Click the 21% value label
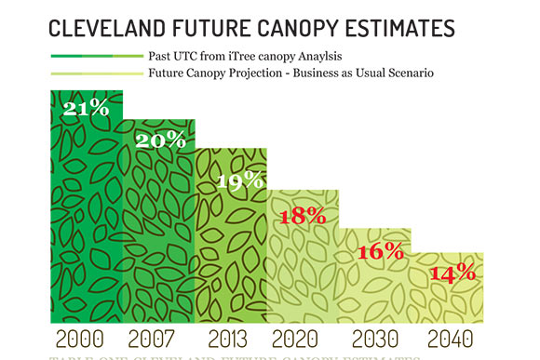[87, 108]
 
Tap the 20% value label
[161, 140]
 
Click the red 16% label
[380, 250]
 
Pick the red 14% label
[452, 273]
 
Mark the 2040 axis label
[452, 339]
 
